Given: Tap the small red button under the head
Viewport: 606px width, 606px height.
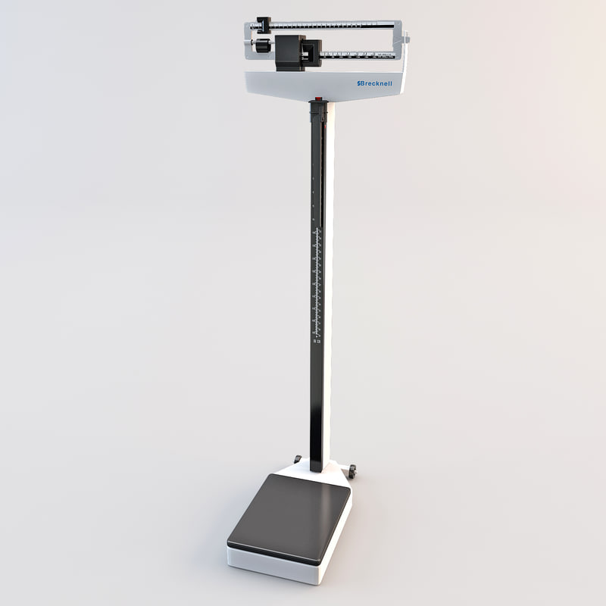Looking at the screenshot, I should click(x=318, y=98).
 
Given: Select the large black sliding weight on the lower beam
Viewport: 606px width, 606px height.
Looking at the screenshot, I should click(x=290, y=52).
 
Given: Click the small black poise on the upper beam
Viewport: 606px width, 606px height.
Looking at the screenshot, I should click(x=264, y=24).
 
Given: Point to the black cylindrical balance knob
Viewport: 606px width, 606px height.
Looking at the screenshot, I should click(x=262, y=47).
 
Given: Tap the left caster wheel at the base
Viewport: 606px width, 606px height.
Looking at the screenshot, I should click(x=298, y=459).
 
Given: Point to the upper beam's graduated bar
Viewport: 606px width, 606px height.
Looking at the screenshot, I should click(x=333, y=26).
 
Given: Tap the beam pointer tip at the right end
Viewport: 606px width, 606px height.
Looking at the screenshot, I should click(x=406, y=36).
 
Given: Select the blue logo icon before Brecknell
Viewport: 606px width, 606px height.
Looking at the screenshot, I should click(x=359, y=85).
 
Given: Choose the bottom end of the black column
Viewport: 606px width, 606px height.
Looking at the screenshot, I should click(x=317, y=464).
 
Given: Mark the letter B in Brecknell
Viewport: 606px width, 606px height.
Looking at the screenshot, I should click(x=364, y=84).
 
